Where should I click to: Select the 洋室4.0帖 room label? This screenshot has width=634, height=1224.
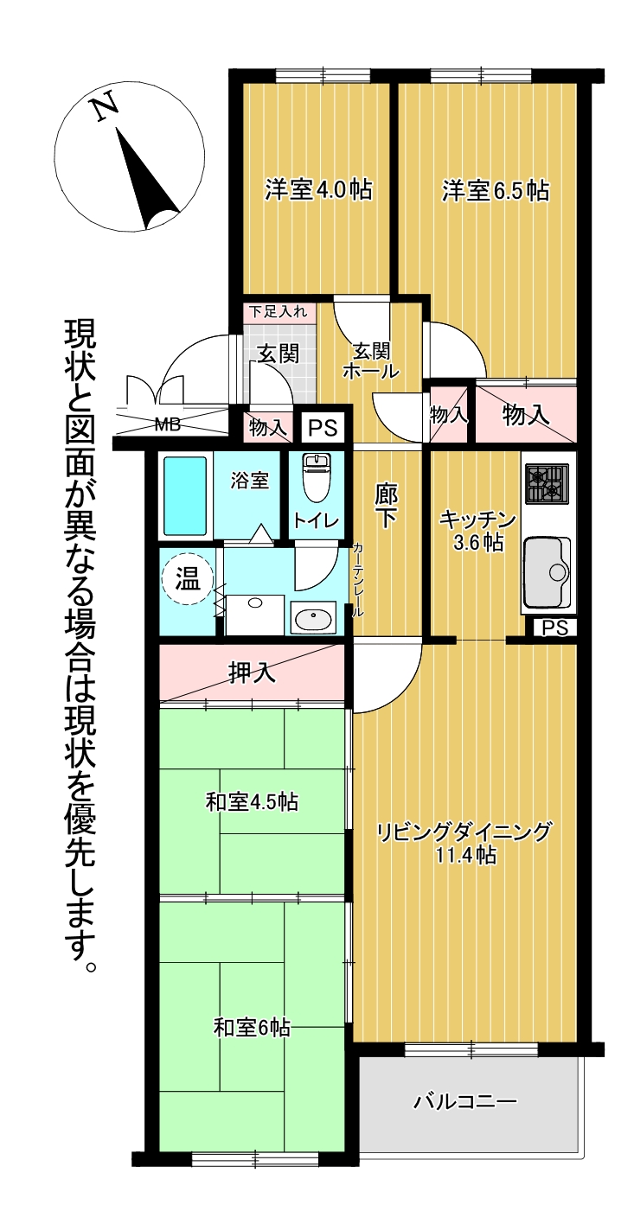318,190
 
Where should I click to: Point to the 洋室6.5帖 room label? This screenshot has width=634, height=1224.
495,190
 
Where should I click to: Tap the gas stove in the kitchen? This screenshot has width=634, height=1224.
548,483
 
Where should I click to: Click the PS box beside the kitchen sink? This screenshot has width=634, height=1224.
554,628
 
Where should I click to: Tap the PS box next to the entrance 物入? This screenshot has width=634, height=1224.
323,427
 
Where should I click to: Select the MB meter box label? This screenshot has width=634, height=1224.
167,424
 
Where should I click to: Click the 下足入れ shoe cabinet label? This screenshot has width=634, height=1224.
279,312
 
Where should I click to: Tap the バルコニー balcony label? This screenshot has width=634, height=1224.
464,1100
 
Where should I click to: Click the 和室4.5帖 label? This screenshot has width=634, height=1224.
252,802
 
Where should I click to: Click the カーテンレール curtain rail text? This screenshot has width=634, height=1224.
357,580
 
